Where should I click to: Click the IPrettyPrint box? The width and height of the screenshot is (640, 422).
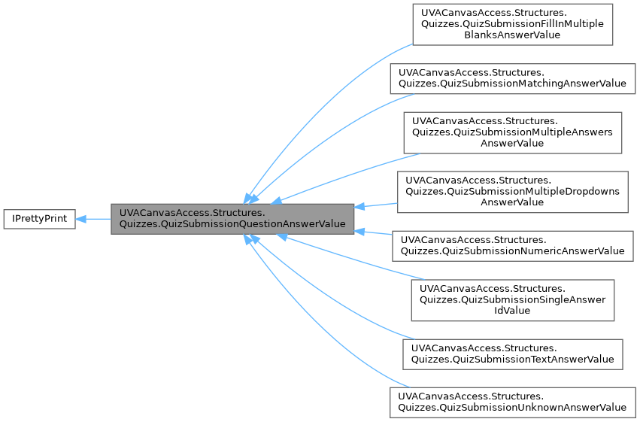coord(39,219)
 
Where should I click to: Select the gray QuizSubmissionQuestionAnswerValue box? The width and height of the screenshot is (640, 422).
coord(232,218)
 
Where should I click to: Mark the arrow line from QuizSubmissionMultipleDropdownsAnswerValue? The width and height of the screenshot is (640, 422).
coord(376,205)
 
